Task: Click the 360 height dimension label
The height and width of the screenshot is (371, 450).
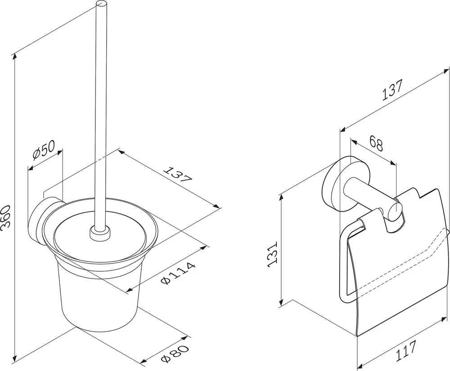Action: point(6,216)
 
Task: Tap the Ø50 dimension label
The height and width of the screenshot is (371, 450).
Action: point(44,150)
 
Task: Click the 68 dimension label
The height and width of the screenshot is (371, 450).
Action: point(376,143)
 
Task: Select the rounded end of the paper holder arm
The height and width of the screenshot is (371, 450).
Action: point(396,211)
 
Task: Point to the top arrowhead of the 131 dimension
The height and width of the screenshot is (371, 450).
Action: point(282,198)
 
